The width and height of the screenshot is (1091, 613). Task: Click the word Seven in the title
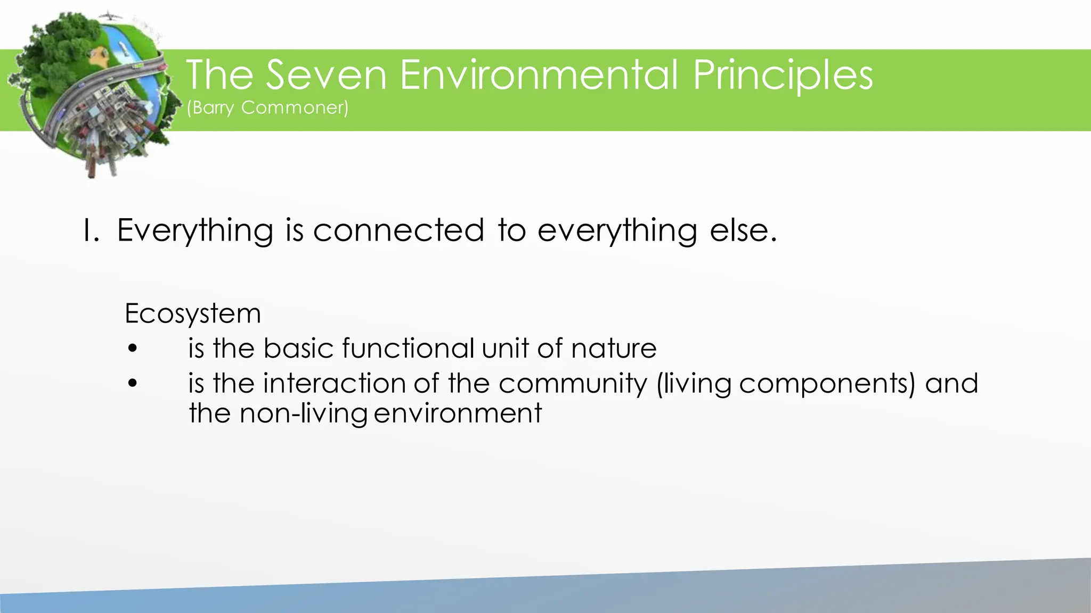click(x=326, y=75)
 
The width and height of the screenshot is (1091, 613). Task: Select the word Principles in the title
click(x=783, y=75)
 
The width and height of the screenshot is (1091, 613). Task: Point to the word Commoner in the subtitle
click(x=294, y=108)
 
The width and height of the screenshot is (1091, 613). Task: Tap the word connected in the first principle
click(x=398, y=231)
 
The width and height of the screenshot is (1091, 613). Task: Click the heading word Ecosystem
click(x=192, y=314)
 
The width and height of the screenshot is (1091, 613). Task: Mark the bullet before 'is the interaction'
click(x=133, y=384)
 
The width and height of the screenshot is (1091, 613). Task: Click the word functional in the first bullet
click(x=408, y=349)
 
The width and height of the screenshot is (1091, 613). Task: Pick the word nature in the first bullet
click(x=613, y=349)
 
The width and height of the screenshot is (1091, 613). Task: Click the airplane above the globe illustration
click(x=109, y=15)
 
